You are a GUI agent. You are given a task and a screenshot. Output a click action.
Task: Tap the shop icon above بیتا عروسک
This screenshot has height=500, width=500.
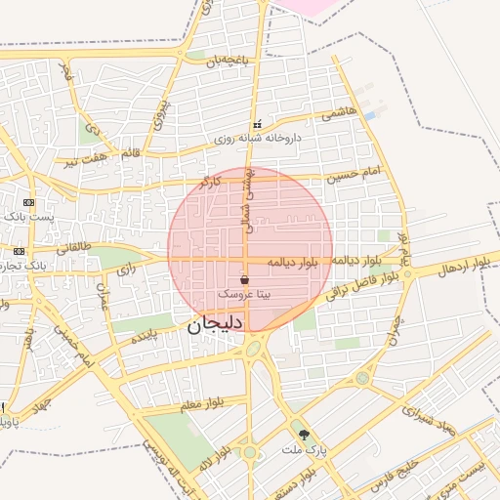(244, 280)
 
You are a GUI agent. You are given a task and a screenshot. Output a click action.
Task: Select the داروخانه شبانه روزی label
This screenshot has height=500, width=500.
(258, 139)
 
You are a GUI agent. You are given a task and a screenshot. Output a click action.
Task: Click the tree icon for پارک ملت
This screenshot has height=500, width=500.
(304, 434)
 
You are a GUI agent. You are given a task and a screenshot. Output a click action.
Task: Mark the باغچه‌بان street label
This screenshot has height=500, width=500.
(227, 61)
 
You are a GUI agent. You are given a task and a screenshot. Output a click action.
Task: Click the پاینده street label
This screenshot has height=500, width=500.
(144, 337)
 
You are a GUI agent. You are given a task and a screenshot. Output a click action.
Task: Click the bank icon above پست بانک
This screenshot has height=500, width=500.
(28, 202)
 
